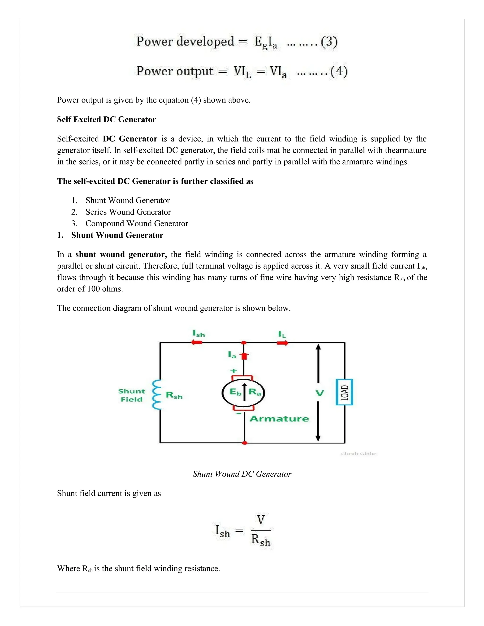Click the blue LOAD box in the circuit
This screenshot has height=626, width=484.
(x=344, y=392)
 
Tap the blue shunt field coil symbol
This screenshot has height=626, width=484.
(x=156, y=395)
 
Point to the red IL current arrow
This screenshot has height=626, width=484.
(x=283, y=343)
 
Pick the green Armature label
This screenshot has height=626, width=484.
(x=279, y=419)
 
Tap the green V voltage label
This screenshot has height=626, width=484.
(x=320, y=393)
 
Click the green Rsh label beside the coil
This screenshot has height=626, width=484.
(x=174, y=395)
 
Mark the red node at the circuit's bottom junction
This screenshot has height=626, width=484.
(x=245, y=443)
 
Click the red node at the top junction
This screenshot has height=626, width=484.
(x=244, y=343)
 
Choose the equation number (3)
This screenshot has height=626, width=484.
(x=329, y=42)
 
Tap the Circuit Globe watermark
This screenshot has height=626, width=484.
(x=359, y=454)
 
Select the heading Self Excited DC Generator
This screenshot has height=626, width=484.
(x=106, y=120)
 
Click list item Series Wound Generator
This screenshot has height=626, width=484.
(x=128, y=212)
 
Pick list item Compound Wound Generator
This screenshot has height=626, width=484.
(x=137, y=223)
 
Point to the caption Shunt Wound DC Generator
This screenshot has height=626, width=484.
(x=242, y=474)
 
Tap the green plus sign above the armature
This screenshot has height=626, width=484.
(x=234, y=371)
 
